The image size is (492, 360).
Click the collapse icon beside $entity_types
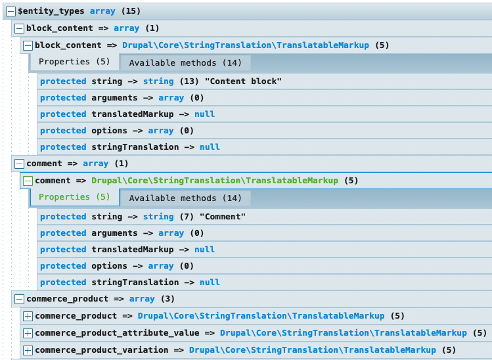[11, 12]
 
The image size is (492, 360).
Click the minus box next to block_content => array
[19, 28]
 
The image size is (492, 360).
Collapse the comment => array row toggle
[19, 164]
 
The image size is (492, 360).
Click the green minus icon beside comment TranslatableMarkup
[28, 181]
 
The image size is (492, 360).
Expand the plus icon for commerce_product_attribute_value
[28, 333]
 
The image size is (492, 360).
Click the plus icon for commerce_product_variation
[28, 350]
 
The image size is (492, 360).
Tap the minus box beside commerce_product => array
[19, 299]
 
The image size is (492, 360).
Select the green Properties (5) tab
[74, 197]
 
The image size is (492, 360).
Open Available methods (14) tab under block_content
[185, 63]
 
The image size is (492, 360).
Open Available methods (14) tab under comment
[185, 198]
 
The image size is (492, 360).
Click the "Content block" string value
[243, 81]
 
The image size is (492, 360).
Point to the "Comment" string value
[223, 217]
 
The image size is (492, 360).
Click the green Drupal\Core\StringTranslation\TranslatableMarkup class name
[215, 181]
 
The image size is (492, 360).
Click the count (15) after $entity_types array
[131, 11]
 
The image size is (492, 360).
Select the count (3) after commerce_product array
[168, 299]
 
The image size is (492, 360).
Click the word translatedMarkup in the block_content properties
[133, 114]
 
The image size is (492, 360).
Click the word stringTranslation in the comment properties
[135, 282]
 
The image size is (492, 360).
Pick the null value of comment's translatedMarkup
[204, 250]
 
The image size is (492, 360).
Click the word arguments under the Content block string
[114, 98]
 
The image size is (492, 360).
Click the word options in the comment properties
[110, 266]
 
